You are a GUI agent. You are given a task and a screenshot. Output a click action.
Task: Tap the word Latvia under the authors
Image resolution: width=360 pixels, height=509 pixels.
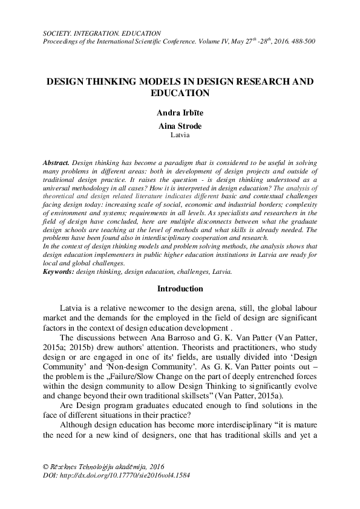click(180, 135)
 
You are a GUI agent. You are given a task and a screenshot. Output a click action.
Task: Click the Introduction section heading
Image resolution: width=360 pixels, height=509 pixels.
click(180, 288)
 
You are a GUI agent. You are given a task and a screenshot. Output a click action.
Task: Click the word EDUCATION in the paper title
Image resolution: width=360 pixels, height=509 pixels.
click(180, 93)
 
